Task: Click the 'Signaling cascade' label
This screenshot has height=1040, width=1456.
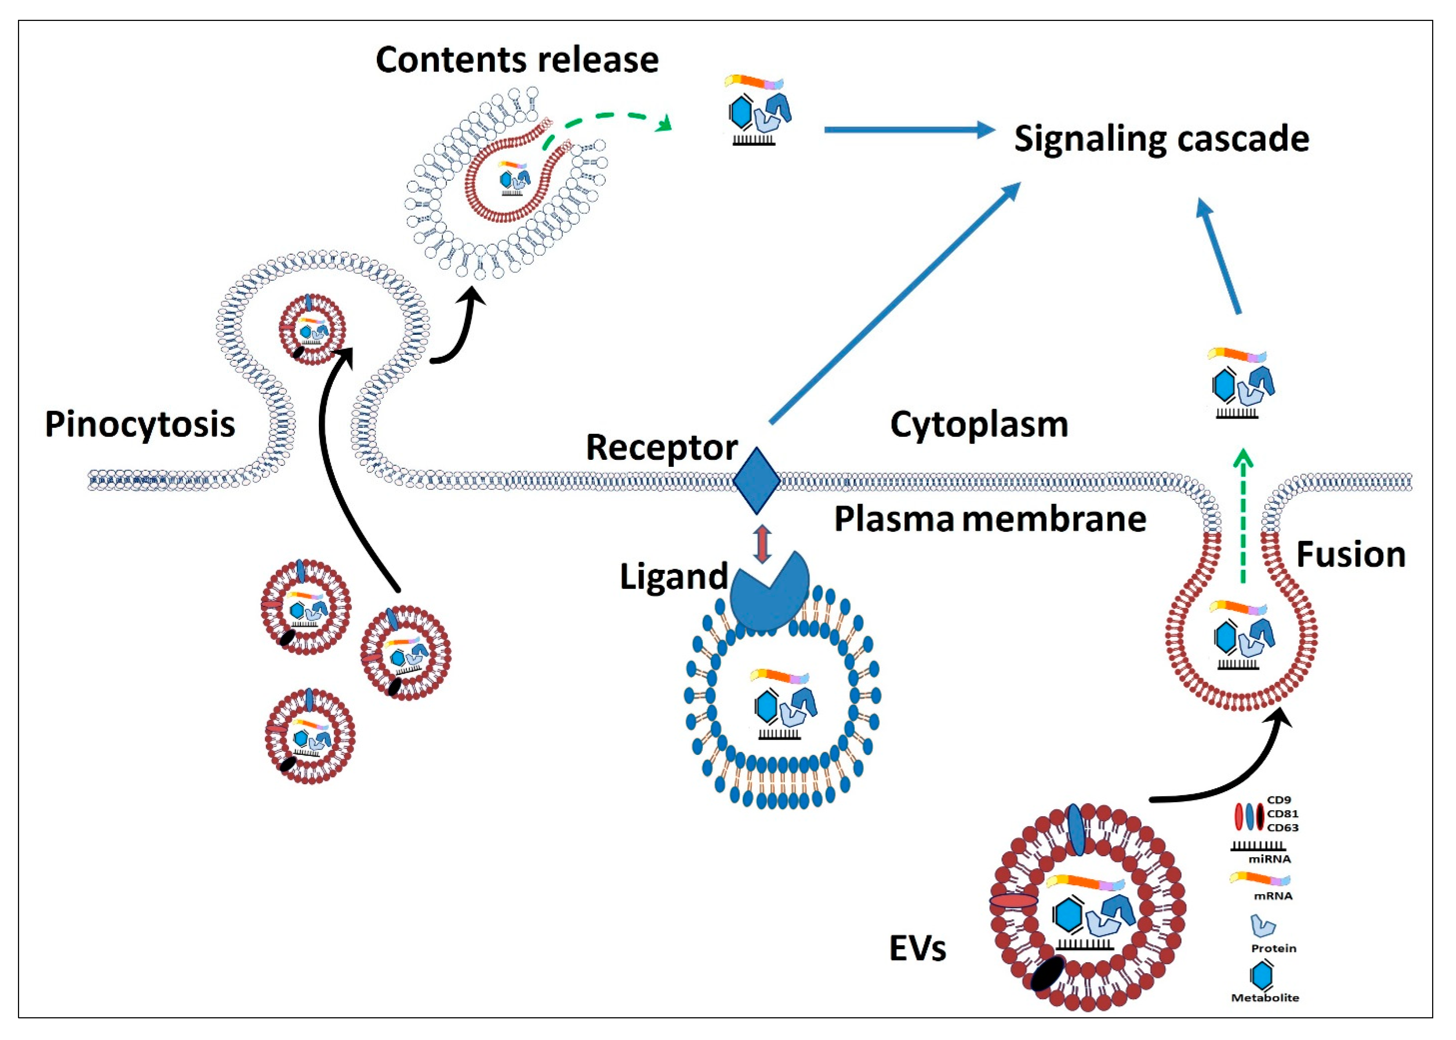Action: point(1161,139)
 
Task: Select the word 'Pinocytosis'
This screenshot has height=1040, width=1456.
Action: point(139,425)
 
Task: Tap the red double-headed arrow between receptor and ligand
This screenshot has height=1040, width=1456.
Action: point(761,544)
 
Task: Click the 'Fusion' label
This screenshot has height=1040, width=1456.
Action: point(1350,555)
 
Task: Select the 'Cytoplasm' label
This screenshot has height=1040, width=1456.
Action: point(979,425)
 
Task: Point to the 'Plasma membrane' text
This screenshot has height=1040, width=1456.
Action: point(990,519)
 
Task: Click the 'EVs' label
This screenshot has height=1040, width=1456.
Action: point(918,948)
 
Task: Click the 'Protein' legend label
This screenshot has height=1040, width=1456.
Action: point(1274,948)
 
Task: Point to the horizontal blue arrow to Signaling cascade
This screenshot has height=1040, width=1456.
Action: point(909,130)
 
